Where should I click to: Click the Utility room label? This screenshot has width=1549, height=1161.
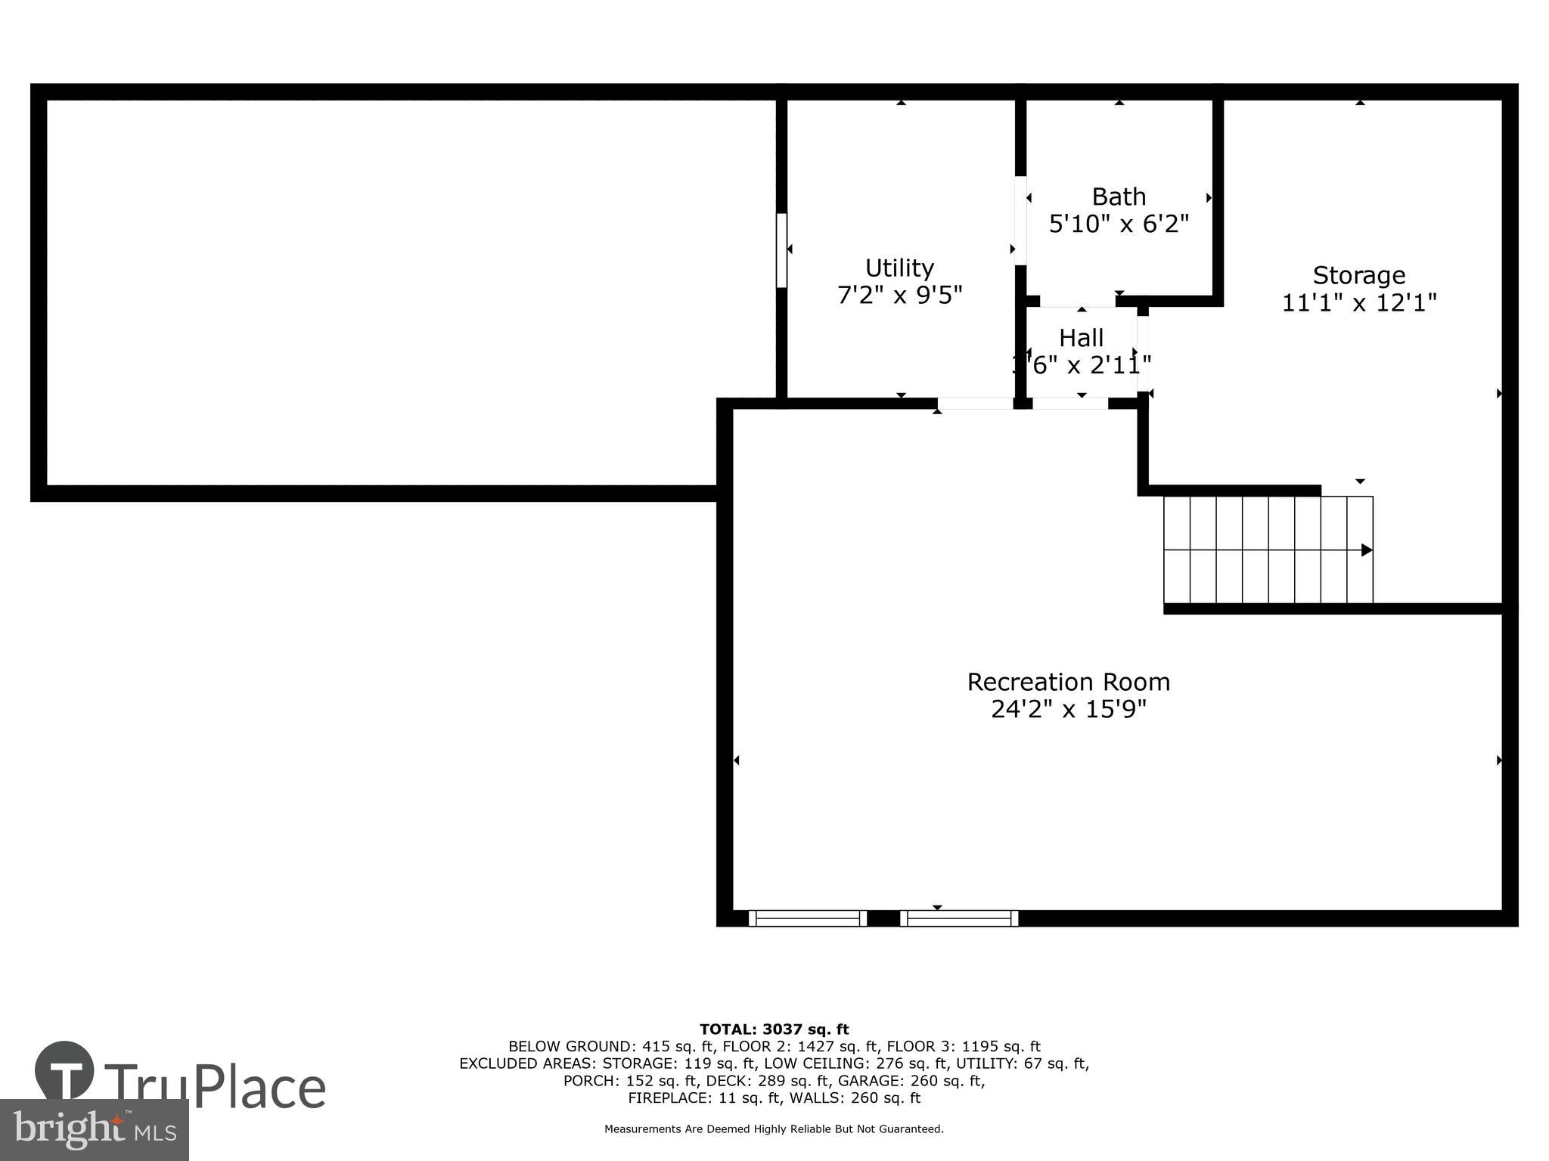[899, 268]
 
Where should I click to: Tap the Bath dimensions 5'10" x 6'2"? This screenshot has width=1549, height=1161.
[1119, 224]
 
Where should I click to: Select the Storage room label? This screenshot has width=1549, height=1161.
[1358, 275]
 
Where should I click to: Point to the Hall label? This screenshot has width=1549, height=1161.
[1081, 337]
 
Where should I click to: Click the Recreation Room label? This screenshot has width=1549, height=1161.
[1068, 682]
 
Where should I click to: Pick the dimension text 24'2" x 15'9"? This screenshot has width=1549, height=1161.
[1068, 710]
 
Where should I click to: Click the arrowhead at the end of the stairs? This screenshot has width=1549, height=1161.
[1366, 550]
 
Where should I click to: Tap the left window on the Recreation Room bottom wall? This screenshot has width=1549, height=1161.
[807, 918]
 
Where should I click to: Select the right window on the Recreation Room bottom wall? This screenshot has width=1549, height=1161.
[958, 918]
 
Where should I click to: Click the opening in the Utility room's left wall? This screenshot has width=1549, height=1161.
[781, 250]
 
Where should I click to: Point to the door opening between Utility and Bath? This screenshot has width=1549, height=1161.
[1020, 220]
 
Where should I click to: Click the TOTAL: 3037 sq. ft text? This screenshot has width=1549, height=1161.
[774, 1029]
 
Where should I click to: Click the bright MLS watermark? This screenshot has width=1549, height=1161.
[95, 1130]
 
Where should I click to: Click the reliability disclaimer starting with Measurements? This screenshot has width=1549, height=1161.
[774, 1129]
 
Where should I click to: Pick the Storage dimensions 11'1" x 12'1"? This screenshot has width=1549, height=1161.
[1358, 303]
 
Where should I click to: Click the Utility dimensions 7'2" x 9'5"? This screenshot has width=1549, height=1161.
[899, 296]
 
